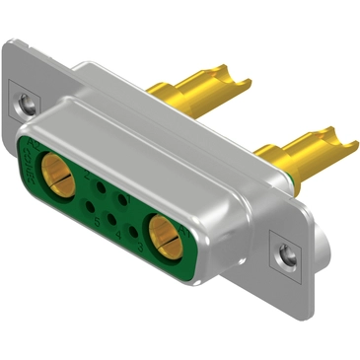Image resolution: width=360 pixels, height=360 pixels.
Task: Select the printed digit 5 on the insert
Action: coord(97,221)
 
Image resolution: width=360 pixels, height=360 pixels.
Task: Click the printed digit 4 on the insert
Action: coord(118,235)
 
